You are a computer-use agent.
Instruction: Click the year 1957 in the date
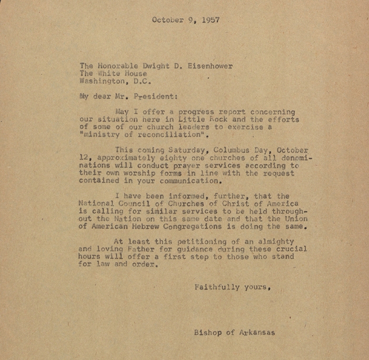pos(210,20)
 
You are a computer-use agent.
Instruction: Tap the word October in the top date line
pos(168,20)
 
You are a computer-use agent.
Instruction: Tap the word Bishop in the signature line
pos(207,333)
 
